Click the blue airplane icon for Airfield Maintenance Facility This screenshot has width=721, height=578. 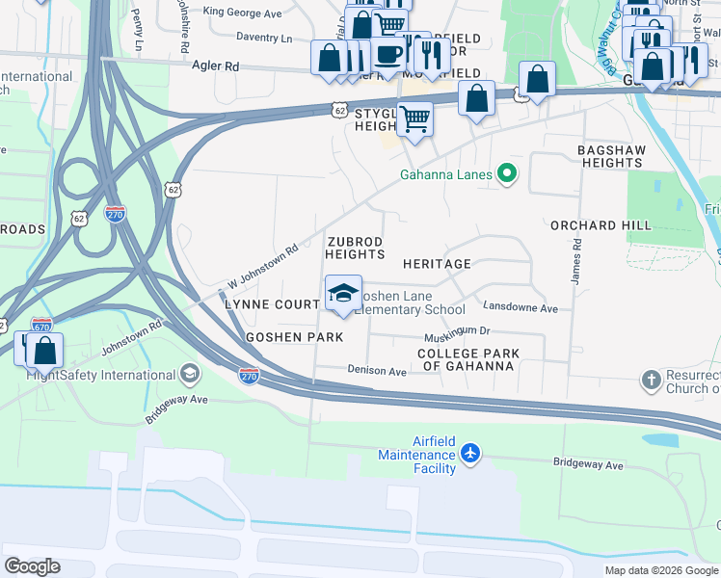click(x=469, y=453)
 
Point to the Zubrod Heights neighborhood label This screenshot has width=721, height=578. click(x=355, y=248)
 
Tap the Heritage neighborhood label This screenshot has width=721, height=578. click(x=437, y=263)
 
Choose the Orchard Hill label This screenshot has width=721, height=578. click(x=596, y=225)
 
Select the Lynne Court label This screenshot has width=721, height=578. click(x=271, y=304)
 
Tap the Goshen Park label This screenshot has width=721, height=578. click(x=294, y=337)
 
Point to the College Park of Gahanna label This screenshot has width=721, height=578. click(x=468, y=360)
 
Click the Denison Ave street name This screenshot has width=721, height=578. click(x=377, y=371)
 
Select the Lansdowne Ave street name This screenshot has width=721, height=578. click(x=521, y=309)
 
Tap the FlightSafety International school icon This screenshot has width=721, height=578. click(x=190, y=373)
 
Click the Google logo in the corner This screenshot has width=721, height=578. click(x=32, y=565)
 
